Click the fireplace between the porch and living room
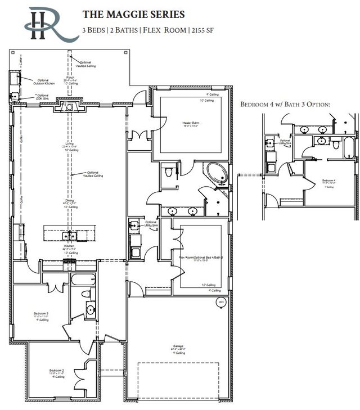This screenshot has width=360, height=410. pyautogui.click(x=70, y=106)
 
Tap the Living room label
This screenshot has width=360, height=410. pyautogui.click(x=70, y=145)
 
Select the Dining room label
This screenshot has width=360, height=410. pyautogui.click(x=70, y=201)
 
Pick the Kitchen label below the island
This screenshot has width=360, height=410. pyautogui.click(x=70, y=247)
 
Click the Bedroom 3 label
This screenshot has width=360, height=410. pyautogui.click(x=39, y=313)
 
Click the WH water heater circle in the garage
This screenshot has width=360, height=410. pyautogui.click(x=220, y=303)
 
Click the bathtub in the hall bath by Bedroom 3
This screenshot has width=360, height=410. pyautogui.click(x=83, y=280)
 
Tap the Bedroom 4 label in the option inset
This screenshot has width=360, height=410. pyautogui.click(x=329, y=181)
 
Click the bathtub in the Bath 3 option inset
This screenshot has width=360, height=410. pyautogui.click(x=350, y=148)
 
